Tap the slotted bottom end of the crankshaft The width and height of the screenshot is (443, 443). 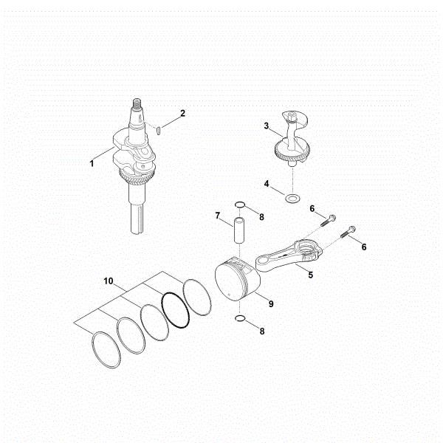pyautogui.click(x=137, y=221)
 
